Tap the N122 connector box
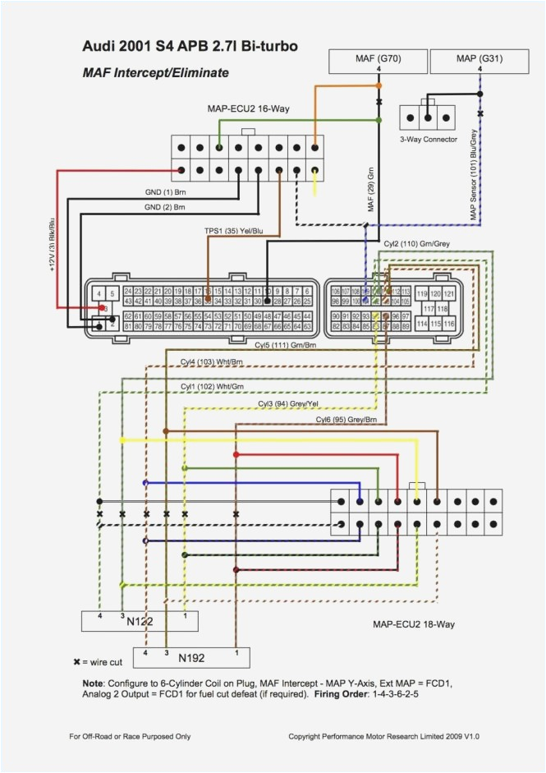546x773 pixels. pyautogui.click(x=140, y=622)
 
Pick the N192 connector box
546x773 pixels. pyautogui.click(x=190, y=658)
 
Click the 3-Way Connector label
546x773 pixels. pyautogui.click(x=428, y=140)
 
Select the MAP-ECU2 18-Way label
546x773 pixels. pyautogui.click(x=414, y=624)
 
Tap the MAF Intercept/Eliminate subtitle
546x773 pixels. pyautogui.click(x=156, y=73)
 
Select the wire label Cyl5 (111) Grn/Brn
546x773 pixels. pyautogui.click(x=285, y=346)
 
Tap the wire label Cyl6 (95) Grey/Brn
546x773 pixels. pyautogui.click(x=346, y=420)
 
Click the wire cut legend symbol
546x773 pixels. pyautogui.click(x=77, y=662)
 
